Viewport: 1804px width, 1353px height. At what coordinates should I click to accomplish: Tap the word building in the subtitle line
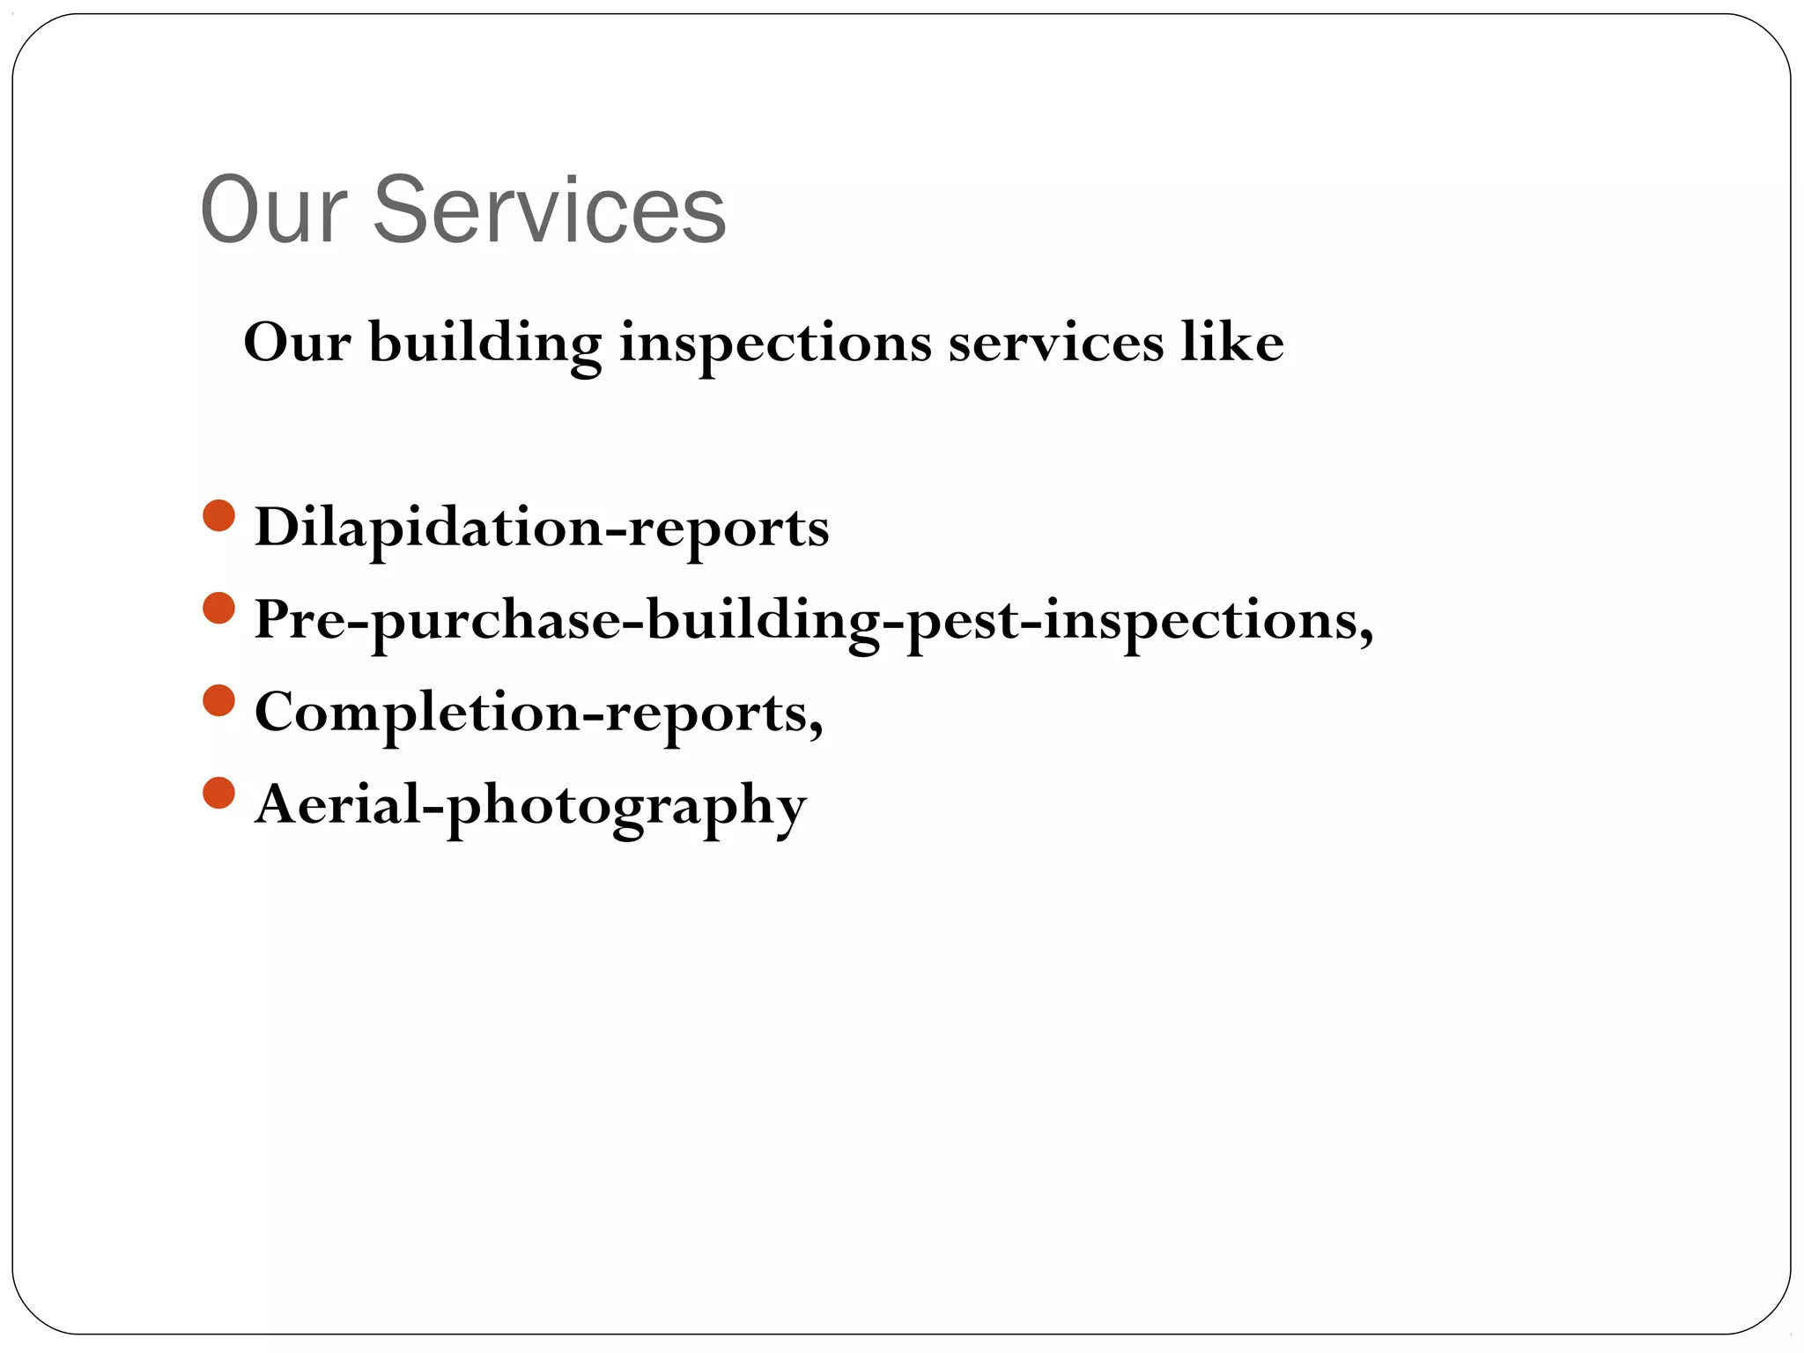click(484, 344)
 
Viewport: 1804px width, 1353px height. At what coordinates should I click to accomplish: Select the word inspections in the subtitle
click(775, 344)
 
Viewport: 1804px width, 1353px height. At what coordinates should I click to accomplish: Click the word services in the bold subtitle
click(1055, 344)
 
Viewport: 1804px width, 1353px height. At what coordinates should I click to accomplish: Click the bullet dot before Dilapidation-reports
click(218, 516)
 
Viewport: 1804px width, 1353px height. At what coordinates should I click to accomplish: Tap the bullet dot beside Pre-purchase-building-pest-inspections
click(218, 609)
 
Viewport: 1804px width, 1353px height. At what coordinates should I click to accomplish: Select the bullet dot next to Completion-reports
click(218, 701)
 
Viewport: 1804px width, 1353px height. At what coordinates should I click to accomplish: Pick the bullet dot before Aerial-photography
click(218, 793)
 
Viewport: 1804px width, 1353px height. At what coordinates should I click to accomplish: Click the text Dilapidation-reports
click(542, 529)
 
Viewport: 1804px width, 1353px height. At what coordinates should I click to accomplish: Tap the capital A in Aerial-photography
click(277, 803)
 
